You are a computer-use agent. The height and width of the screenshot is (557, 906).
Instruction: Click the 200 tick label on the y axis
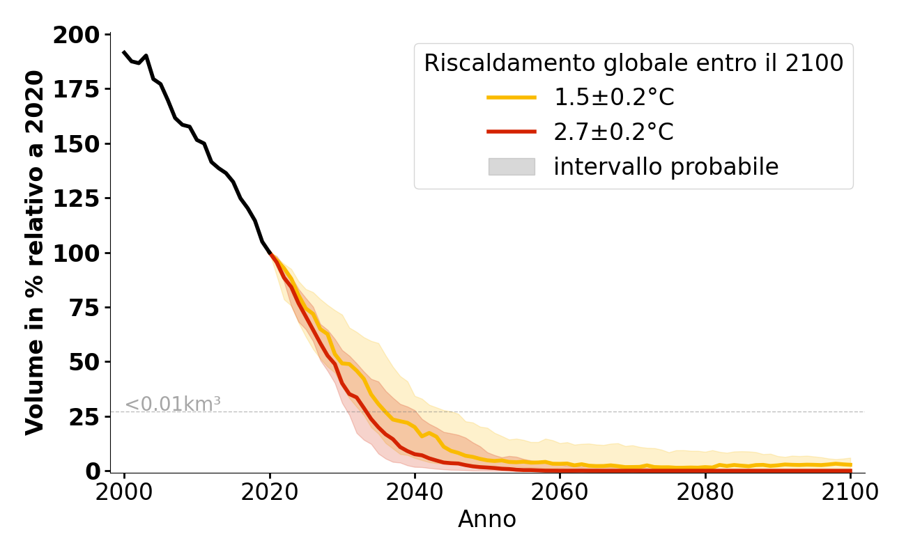(76, 35)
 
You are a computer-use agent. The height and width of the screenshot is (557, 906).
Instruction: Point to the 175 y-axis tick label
(76, 89)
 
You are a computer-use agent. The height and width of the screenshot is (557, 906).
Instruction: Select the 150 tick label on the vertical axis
(76, 143)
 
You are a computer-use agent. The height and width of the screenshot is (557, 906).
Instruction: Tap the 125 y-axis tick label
(76, 198)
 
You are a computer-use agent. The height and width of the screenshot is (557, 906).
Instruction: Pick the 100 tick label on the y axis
(76, 253)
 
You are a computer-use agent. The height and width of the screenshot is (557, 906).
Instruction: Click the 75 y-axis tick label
(84, 307)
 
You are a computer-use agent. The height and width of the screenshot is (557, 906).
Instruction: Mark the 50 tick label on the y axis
(84, 362)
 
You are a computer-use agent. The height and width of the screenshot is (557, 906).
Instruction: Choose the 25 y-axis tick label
(84, 416)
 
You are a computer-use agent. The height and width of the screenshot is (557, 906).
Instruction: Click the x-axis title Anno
(487, 519)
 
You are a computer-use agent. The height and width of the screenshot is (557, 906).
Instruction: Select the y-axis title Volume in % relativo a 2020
(35, 253)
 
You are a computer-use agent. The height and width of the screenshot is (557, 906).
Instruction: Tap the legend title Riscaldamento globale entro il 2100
(634, 63)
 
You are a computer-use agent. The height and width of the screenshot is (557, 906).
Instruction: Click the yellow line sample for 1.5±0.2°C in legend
(512, 97)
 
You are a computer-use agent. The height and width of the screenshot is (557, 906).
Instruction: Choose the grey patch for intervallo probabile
(512, 166)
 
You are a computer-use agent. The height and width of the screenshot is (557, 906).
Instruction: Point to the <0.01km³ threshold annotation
(172, 404)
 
